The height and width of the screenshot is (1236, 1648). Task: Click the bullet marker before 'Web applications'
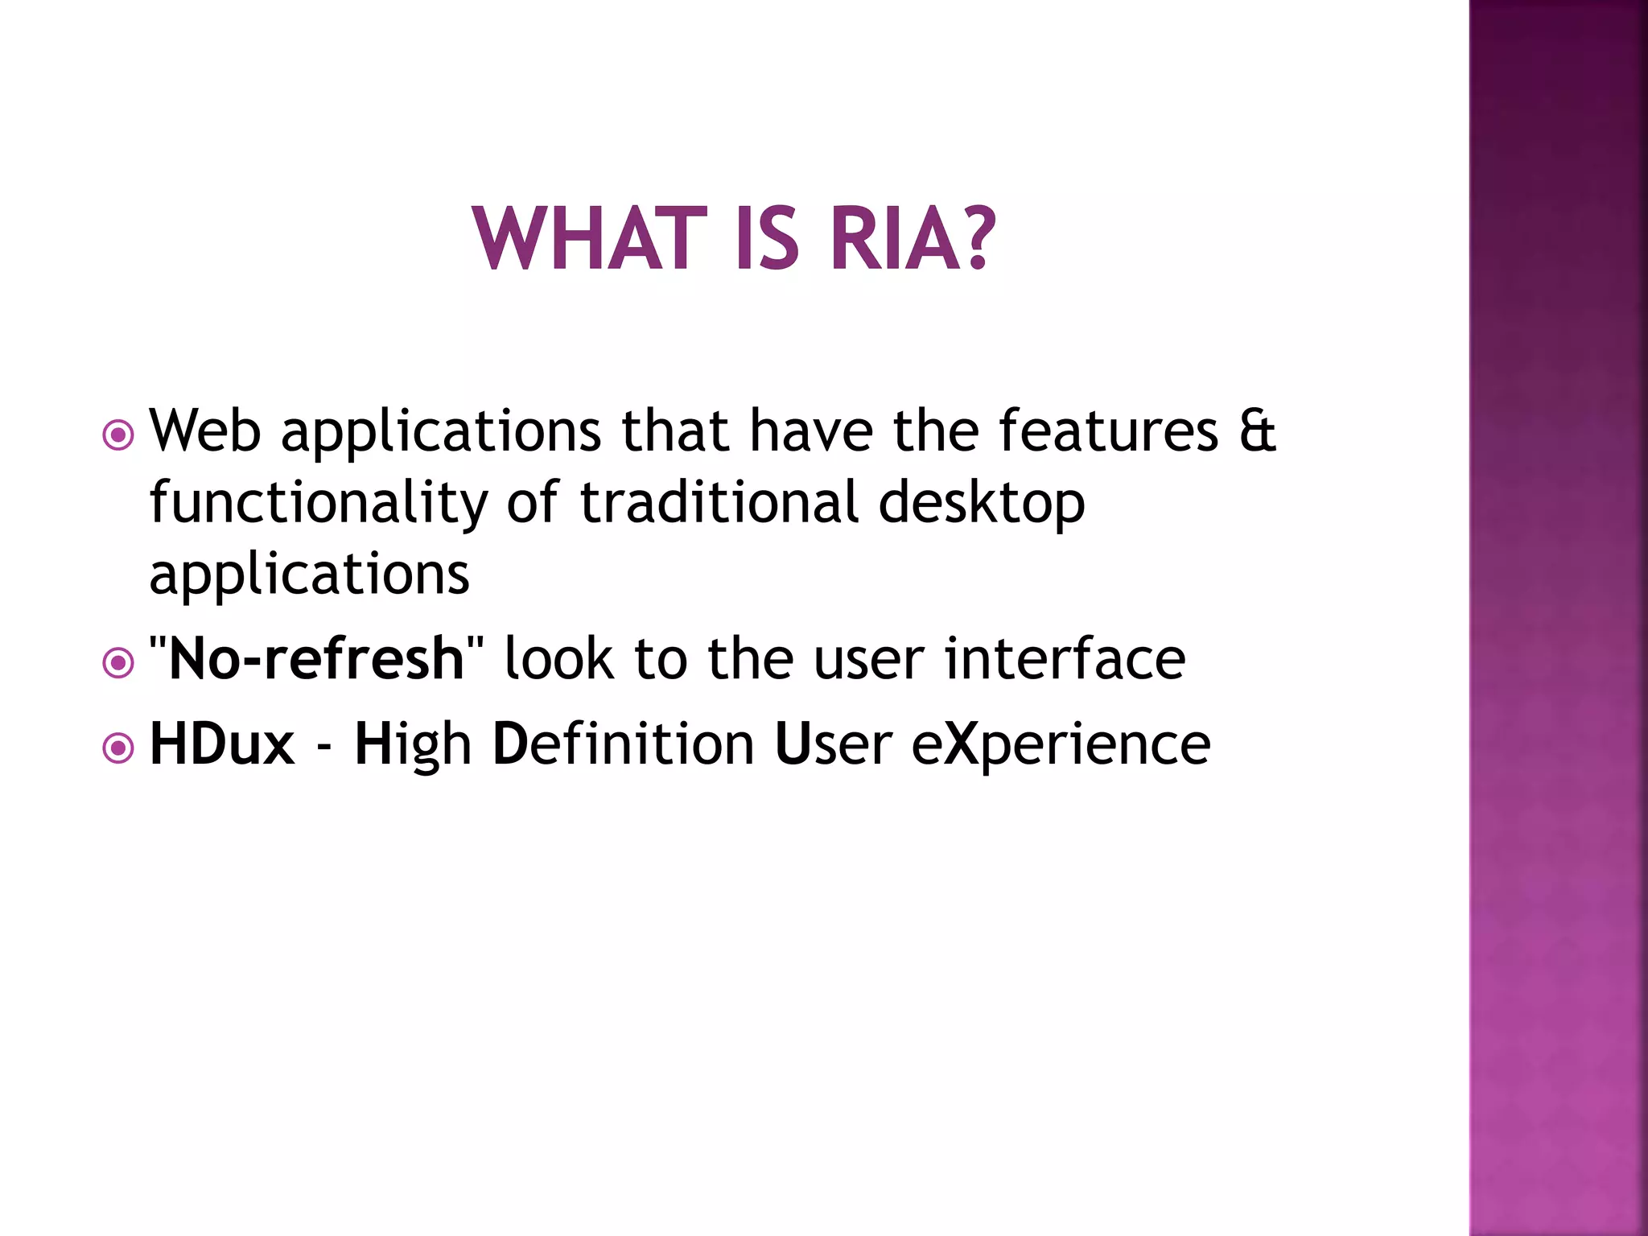(x=118, y=435)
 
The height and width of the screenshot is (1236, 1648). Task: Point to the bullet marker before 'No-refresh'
(x=118, y=663)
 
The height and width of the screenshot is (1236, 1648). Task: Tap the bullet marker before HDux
(x=118, y=748)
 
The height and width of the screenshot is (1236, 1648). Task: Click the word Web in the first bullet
(x=205, y=431)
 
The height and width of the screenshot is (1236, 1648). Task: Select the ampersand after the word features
(x=1257, y=431)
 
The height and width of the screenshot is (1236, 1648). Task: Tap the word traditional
(x=719, y=502)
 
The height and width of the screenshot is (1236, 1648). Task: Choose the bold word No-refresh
(x=316, y=659)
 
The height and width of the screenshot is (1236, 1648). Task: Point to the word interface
(x=1064, y=659)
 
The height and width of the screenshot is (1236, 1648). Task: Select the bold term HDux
(x=222, y=744)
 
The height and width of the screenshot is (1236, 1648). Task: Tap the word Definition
(x=623, y=744)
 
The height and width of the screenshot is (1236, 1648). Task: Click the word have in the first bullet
(x=811, y=431)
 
